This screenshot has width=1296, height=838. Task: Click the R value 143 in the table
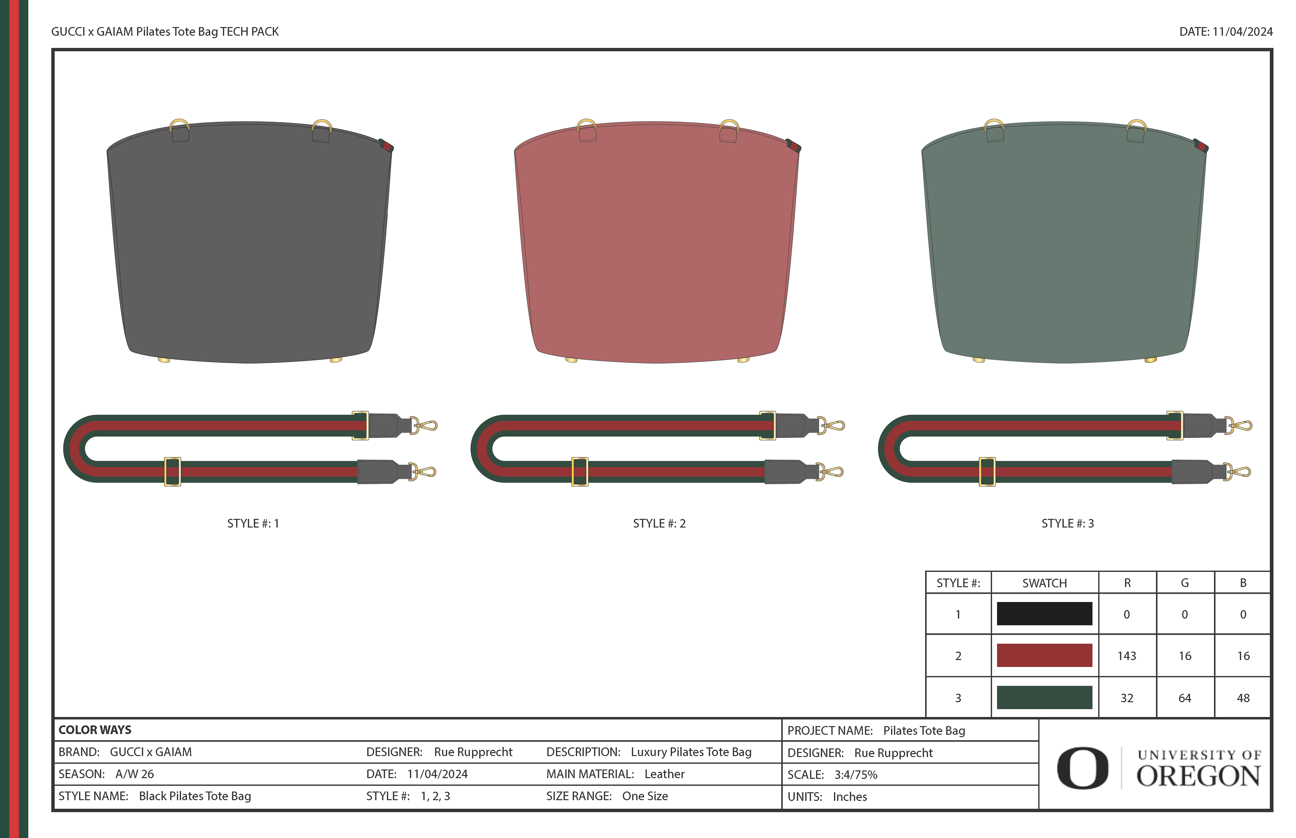click(x=1127, y=656)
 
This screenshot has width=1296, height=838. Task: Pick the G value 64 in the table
click(x=1185, y=698)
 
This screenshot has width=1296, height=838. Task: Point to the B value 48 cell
click(x=1243, y=698)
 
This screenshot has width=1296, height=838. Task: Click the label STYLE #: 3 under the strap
click(x=1067, y=523)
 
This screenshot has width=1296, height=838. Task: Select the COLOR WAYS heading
click(x=95, y=730)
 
